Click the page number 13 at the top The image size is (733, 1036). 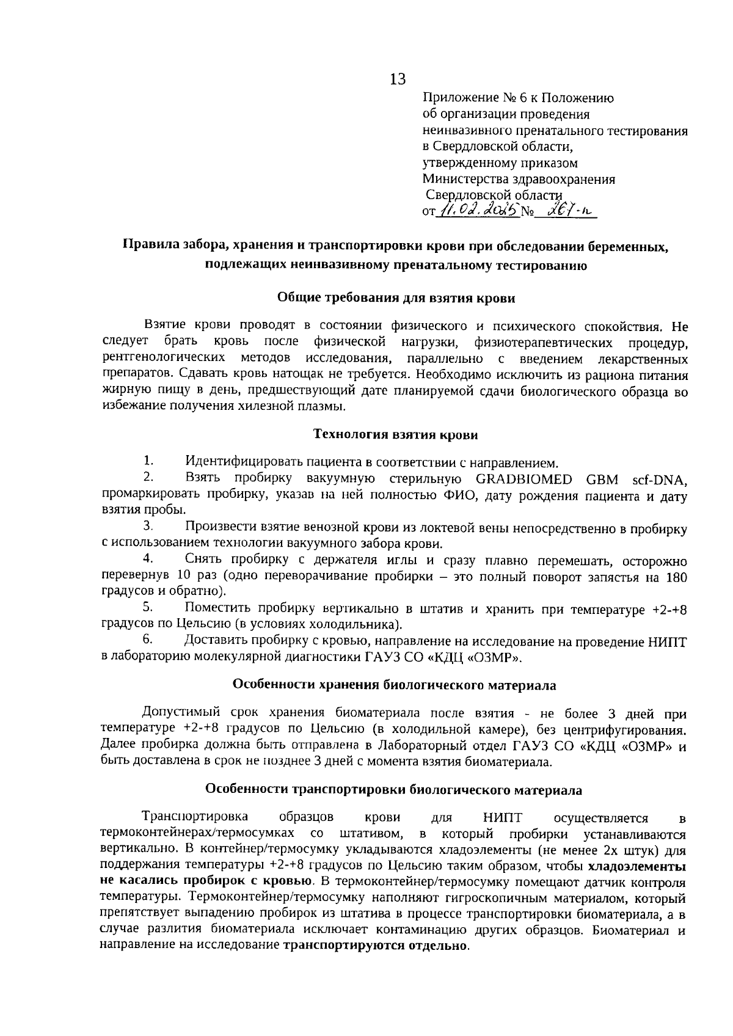point(397,79)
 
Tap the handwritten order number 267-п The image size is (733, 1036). point(570,211)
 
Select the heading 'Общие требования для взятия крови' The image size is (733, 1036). point(396,298)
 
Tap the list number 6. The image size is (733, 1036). point(148,641)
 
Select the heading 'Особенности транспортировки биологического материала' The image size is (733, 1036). point(394,790)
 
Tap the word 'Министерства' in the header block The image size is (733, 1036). point(462,180)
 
